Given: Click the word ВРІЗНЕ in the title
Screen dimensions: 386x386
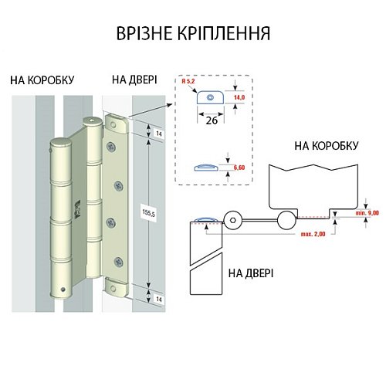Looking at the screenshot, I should click(147, 33).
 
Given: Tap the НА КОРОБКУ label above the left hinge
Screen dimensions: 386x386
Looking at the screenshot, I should click(43, 80).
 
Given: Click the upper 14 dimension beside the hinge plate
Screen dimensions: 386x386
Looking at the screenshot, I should click(157, 134).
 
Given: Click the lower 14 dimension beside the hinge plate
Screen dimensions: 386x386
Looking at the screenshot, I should click(157, 296).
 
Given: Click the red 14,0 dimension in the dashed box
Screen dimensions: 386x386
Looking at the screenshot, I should click(240, 98).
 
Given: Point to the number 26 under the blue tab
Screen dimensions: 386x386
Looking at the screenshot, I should click(209, 120).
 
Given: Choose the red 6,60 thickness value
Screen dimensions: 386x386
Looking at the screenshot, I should click(240, 168).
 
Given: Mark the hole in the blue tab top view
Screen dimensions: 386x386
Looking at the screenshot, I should click(208, 97).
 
